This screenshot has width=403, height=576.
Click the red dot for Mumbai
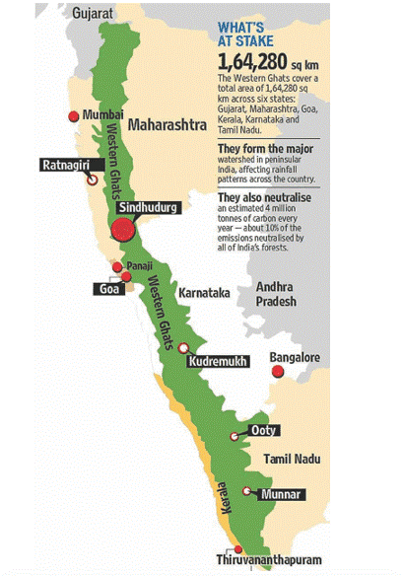pos(71,116)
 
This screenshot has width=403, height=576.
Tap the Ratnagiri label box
pos(66,164)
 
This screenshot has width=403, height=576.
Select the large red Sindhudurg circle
pos(123,231)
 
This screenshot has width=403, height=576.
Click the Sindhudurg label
pos(146,208)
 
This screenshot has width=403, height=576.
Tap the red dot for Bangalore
pos(278,371)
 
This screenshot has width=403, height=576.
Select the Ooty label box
pos(260,431)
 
